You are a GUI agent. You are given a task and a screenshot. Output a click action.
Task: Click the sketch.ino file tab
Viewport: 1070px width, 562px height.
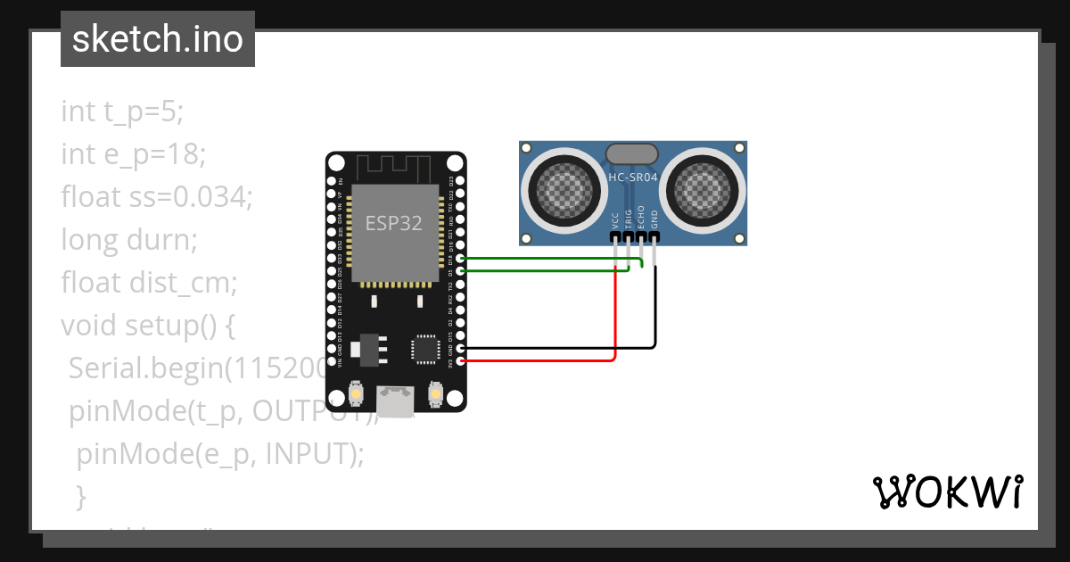157,39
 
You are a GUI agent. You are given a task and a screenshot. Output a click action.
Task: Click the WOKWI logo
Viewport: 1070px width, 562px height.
946,492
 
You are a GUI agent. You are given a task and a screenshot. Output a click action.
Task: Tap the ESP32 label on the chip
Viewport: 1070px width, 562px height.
393,222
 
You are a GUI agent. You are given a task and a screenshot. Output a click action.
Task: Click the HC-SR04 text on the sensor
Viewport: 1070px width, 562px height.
632,177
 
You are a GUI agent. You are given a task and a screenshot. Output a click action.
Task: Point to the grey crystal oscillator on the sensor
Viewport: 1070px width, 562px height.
632,153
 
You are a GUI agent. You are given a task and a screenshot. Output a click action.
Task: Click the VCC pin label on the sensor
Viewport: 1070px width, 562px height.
616,219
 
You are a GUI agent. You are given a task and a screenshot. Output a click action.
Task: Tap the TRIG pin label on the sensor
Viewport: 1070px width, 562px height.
629,219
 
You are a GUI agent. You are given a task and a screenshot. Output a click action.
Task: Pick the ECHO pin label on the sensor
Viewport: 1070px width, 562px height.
641,219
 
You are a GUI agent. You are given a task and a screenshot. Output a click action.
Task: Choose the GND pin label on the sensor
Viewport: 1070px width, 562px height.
654,219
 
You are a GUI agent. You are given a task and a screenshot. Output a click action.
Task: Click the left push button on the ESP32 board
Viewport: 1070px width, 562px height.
356,393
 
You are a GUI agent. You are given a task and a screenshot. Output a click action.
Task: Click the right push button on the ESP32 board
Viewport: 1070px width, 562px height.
436,393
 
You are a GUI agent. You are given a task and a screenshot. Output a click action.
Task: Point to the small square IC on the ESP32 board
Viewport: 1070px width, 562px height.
425,348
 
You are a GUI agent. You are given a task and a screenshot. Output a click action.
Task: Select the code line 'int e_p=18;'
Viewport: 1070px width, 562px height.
134,154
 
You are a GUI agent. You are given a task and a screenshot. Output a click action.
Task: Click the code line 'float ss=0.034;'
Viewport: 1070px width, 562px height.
157,197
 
